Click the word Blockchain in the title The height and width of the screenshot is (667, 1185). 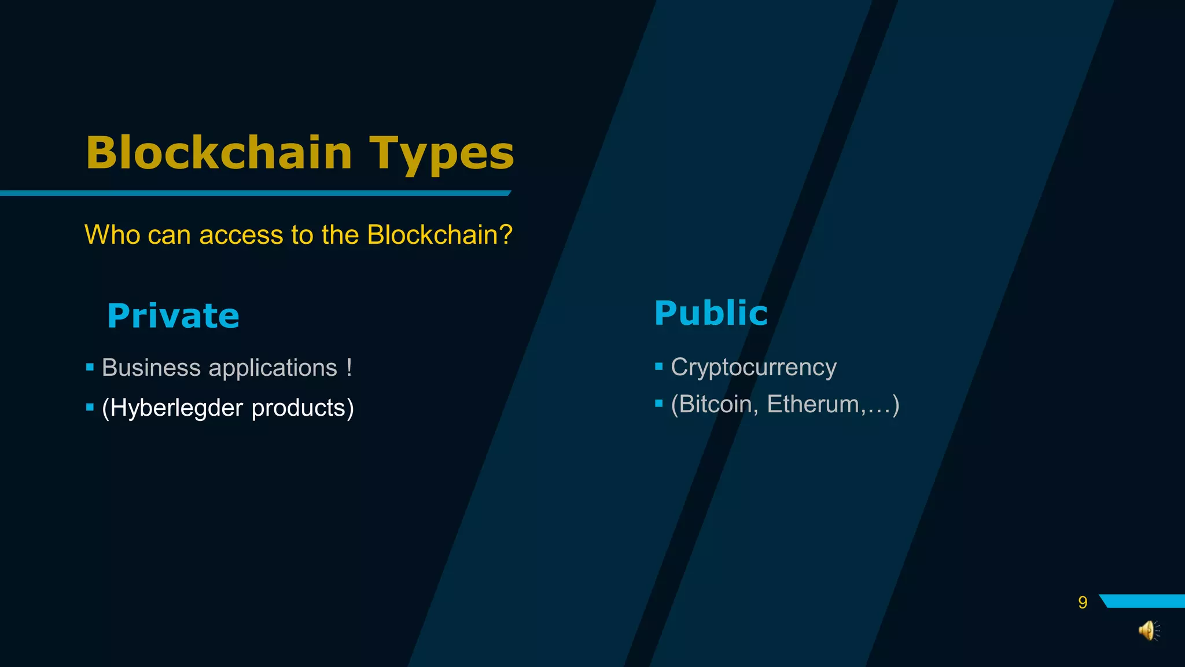point(219,153)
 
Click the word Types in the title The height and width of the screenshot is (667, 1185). point(441,154)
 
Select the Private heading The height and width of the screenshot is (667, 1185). point(173,316)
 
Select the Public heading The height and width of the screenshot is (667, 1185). point(711,313)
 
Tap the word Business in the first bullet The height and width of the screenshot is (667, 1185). point(151,368)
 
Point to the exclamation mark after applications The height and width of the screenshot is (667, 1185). point(349,367)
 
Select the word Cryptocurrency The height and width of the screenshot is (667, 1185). point(753,368)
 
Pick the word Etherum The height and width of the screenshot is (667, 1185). point(812,404)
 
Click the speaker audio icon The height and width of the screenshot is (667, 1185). point(1149,630)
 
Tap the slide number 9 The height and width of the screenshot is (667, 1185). point(1083,603)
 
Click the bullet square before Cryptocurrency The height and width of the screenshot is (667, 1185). point(658,367)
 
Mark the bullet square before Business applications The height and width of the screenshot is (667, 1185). point(90,367)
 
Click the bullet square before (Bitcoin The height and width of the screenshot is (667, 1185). point(658,404)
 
